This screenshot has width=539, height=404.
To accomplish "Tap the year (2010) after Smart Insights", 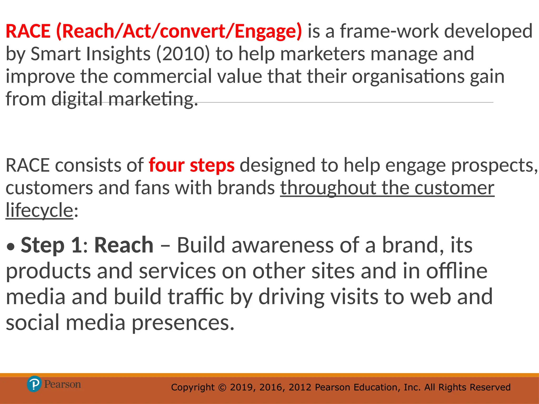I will [x=183, y=54].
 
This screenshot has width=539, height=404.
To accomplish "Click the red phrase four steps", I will [x=192, y=165].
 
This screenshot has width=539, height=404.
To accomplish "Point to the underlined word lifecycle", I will [x=39, y=211].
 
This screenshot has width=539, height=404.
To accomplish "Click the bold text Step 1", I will [x=52, y=245].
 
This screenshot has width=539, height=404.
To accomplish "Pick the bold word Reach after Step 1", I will [x=124, y=245].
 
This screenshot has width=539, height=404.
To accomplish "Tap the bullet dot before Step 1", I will [x=11, y=247].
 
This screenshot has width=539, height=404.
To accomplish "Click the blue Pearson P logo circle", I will [x=34, y=384].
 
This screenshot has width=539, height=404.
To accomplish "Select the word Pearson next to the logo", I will [x=62, y=384].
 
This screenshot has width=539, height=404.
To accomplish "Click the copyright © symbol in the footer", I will [x=222, y=387].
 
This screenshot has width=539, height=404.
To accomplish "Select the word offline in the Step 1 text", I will [x=457, y=271].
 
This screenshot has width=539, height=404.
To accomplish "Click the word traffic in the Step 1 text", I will [x=196, y=297].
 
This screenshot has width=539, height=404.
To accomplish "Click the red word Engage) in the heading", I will [x=268, y=31].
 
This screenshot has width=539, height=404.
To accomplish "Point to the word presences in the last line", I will [x=183, y=323].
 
